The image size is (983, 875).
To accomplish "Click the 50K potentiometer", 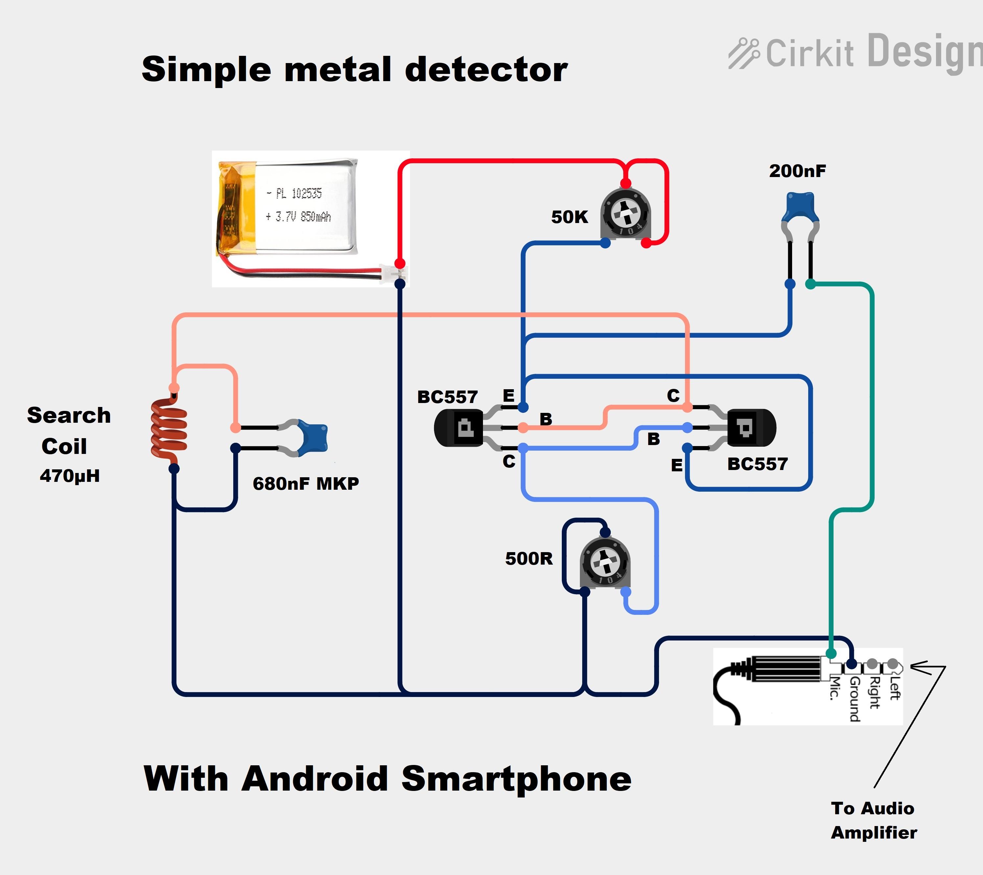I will [625, 214].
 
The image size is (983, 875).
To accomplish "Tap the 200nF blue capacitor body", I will [799, 206].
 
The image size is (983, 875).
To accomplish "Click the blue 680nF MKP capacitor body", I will [312, 437].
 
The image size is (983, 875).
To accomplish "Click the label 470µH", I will [70, 476].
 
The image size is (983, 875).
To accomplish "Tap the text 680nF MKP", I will [306, 483].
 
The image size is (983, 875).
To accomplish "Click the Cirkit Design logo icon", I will [743, 53].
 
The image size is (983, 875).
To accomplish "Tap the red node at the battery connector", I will [400, 263].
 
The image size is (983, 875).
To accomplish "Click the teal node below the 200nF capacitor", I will [810, 284].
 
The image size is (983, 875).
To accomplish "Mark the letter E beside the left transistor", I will [508, 396].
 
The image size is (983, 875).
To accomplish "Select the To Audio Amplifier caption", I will [873, 820].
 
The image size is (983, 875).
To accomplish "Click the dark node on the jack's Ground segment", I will [851, 664].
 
